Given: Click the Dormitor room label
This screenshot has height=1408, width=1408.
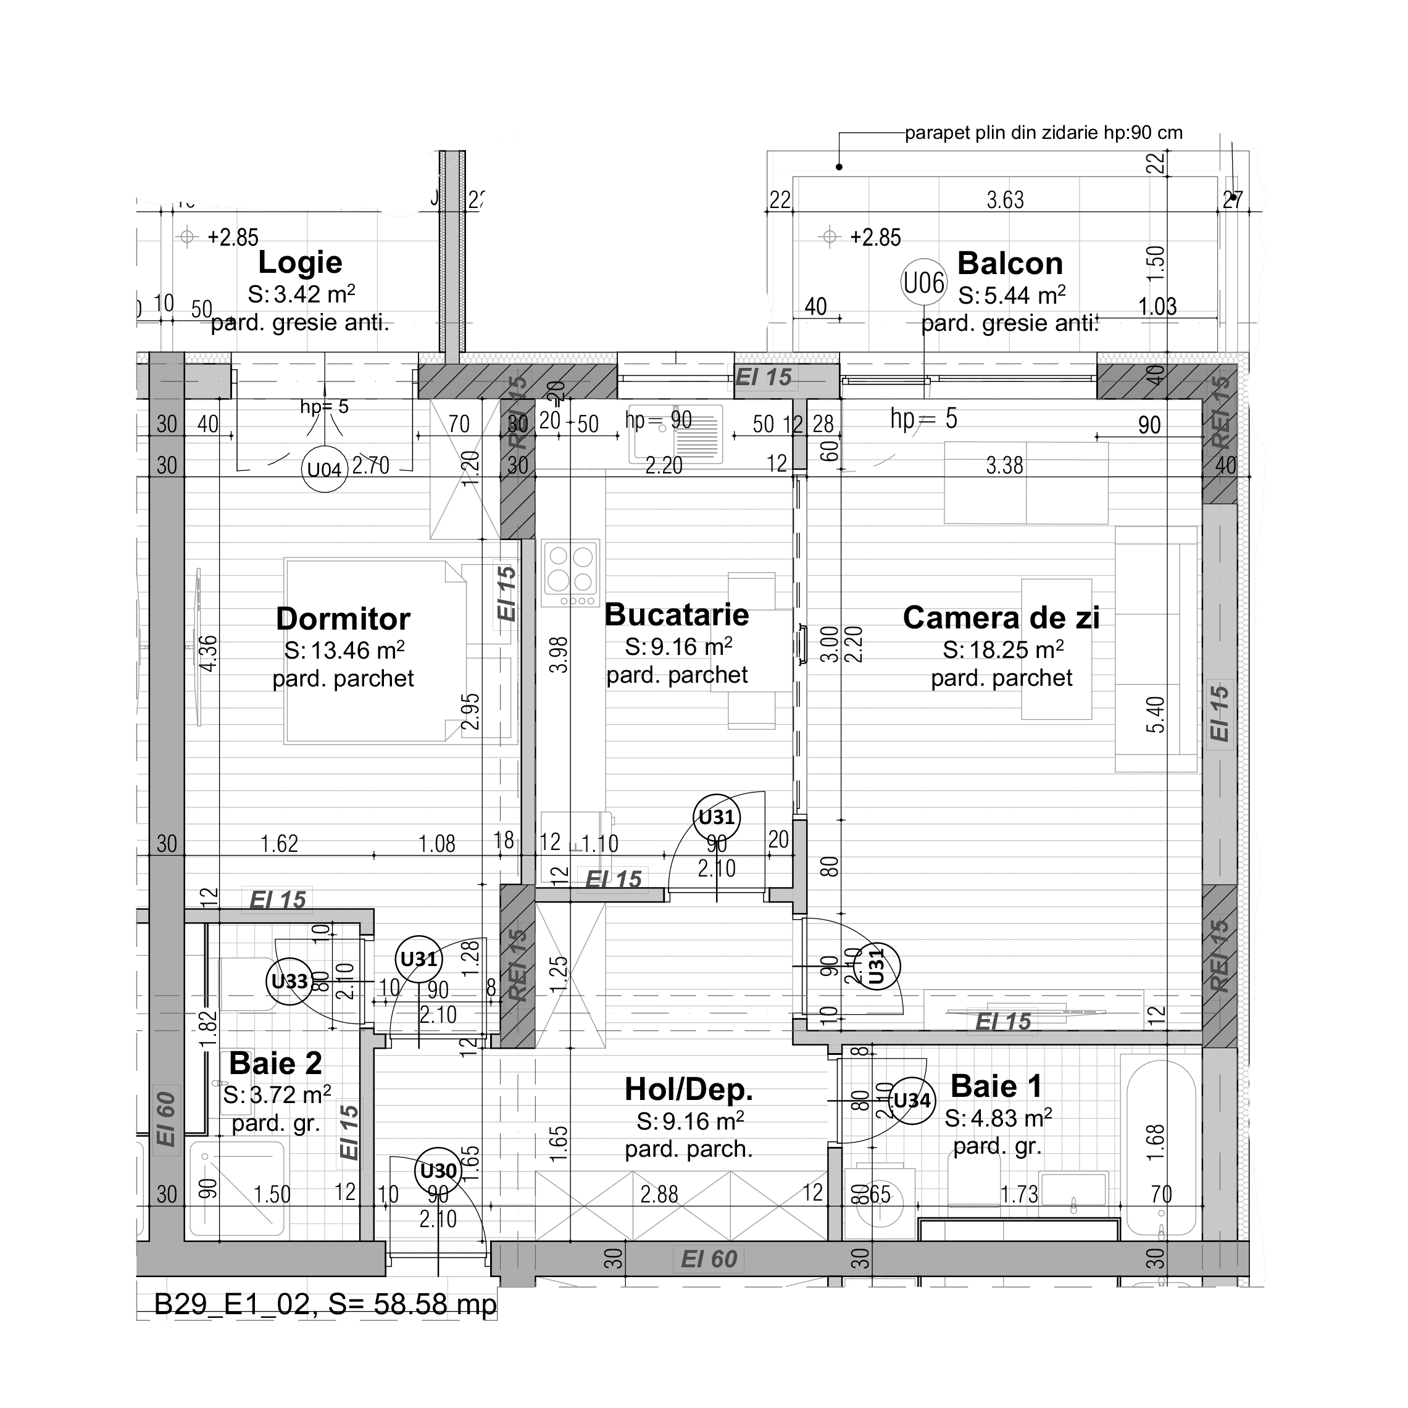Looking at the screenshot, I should click(343, 619).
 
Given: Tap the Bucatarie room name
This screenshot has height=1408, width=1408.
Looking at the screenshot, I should click(677, 614).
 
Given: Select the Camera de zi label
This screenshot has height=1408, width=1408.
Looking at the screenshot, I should click(1001, 617).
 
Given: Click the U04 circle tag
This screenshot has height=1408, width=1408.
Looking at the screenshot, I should click(323, 469).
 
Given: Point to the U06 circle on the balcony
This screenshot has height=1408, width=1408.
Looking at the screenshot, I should click(923, 282).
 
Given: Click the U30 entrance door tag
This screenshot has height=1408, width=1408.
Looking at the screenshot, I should click(438, 1170).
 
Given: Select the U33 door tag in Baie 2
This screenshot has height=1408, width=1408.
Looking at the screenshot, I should click(290, 981).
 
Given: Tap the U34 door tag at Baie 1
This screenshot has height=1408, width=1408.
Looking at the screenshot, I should click(912, 1101).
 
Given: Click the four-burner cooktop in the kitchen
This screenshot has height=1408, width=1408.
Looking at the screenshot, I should click(570, 572).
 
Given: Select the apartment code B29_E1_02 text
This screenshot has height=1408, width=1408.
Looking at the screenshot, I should click(231, 1304).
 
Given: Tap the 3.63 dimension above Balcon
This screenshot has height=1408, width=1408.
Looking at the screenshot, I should click(1005, 199).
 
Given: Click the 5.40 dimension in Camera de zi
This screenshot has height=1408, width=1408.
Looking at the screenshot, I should click(1155, 714).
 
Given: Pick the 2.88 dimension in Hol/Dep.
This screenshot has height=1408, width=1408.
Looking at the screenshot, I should click(659, 1194).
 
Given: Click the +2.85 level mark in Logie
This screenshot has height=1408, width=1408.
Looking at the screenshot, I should click(233, 237).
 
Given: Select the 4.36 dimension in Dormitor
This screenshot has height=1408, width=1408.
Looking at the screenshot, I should click(207, 653).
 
